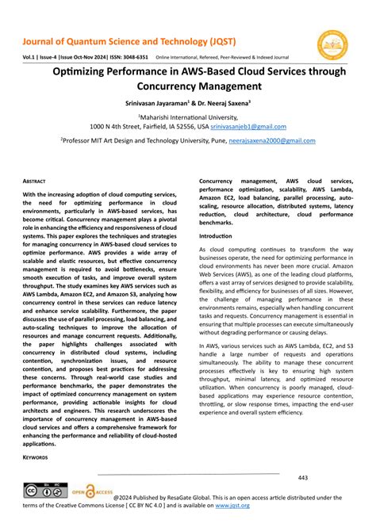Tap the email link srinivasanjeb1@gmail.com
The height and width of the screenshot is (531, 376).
pyautogui.click(x=247, y=125)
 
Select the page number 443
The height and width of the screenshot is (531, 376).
pyautogui.click(x=303, y=478)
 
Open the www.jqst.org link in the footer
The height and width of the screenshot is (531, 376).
pyautogui.click(x=232, y=505)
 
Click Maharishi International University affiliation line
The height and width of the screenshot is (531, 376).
pyautogui.click(x=188, y=117)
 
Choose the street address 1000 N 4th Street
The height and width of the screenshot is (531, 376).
pyautogui.click(x=121, y=125)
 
